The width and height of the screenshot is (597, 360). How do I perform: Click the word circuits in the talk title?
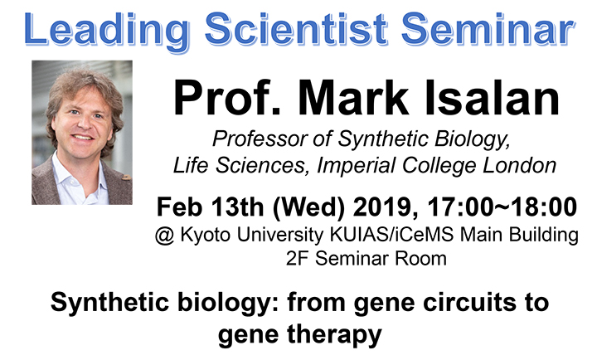[x=453, y=303]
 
